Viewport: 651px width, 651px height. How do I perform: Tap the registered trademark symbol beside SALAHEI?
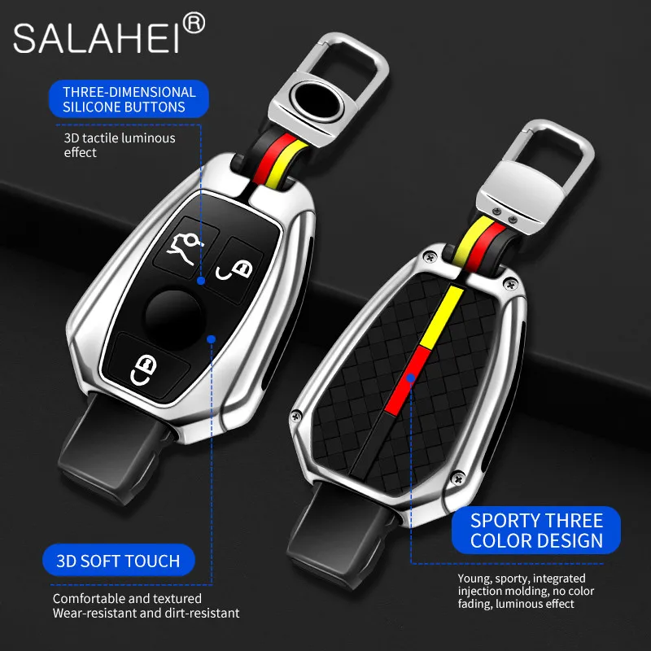194,25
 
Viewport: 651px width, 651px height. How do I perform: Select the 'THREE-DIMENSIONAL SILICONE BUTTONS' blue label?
129,99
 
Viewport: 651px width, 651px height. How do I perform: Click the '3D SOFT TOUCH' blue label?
119,561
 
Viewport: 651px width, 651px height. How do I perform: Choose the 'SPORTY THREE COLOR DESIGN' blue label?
536,530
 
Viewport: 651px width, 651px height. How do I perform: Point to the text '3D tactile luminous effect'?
119,145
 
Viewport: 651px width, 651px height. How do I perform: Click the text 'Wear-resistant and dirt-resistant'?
146,613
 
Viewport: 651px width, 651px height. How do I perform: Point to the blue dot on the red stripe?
412,378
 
